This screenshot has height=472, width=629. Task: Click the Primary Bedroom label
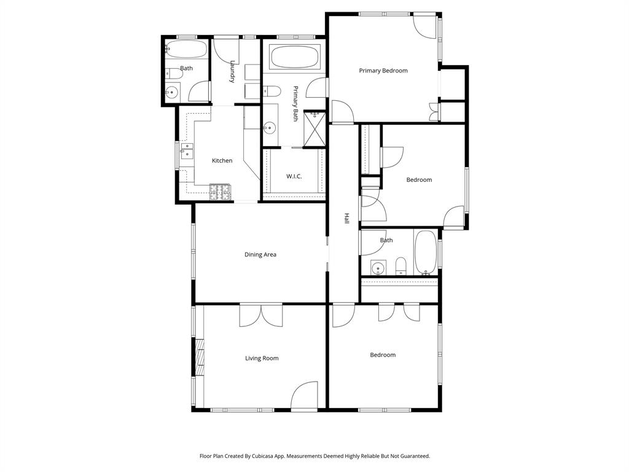pyautogui.click(x=383, y=71)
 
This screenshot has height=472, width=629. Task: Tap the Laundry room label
pyautogui.click(x=233, y=71)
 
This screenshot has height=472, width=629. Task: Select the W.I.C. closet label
pyautogui.click(x=294, y=176)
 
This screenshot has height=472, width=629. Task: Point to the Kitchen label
pyautogui.click(x=222, y=160)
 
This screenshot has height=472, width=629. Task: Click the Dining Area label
pyautogui.click(x=260, y=254)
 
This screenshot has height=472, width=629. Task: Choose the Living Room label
pyautogui.click(x=262, y=358)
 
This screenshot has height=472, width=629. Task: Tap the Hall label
pyautogui.click(x=346, y=218)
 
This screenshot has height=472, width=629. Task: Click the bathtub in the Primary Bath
pyautogui.click(x=294, y=58)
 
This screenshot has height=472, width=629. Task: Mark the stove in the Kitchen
pyautogui.click(x=221, y=192)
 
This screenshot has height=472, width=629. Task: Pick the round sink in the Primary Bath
pyautogui.click(x=269, y=128)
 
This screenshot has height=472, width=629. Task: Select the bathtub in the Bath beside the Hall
pyautogui.click(x=426, y=253)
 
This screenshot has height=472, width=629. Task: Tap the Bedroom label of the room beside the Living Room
pyautogui.click(x=382, y=355)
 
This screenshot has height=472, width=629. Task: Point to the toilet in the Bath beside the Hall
pyautogui.click(x=400, y=266)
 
